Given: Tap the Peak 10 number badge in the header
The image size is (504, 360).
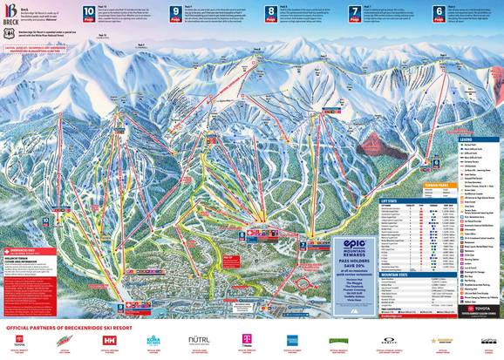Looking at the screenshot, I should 89,14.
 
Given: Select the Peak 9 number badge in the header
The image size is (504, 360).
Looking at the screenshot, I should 177,14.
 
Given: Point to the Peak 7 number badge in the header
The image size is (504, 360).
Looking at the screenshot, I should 354,14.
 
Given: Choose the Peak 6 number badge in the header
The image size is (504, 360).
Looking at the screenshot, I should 439,14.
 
